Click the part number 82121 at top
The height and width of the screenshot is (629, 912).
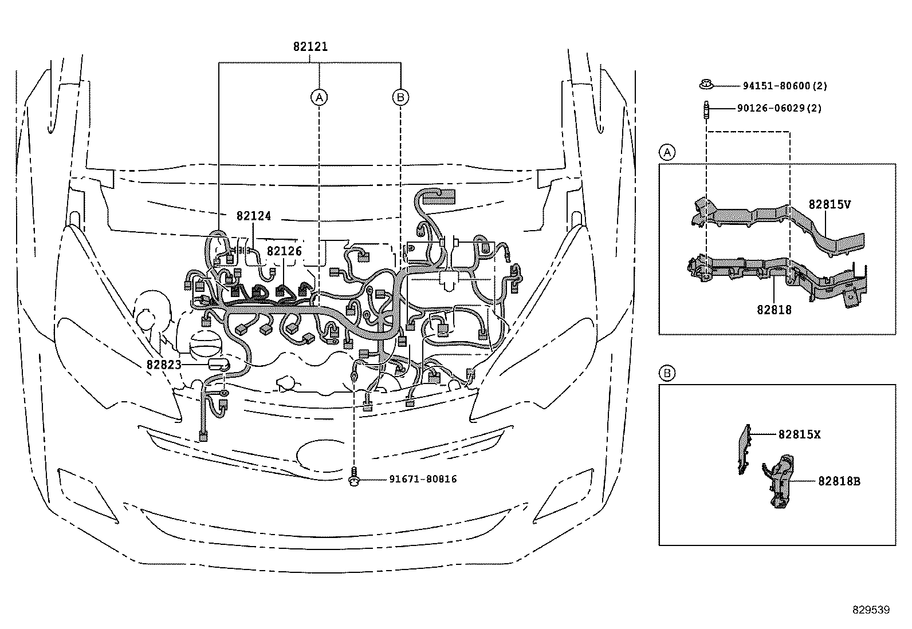[310, 47]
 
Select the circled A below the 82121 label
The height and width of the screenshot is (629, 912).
[319, 97]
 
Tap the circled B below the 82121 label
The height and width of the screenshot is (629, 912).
[400, 97]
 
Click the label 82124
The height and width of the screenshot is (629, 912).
[253, 216]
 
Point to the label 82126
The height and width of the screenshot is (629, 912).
[284, 251]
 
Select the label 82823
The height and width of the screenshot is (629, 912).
[163, 365]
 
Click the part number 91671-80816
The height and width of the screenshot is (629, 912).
[415, 479]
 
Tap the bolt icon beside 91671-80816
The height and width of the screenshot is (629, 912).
[355, 478]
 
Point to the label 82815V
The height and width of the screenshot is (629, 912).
[830, 204]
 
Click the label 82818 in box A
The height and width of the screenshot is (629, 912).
[774, 310]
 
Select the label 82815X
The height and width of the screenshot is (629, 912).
[799, 434]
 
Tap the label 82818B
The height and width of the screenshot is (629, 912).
[839, 481]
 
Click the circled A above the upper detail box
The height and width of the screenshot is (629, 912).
[667, 153]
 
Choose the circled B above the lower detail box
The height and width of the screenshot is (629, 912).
[667, 374]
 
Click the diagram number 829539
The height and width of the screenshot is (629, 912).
[871, 610]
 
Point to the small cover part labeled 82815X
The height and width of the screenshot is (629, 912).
[744, 449]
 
